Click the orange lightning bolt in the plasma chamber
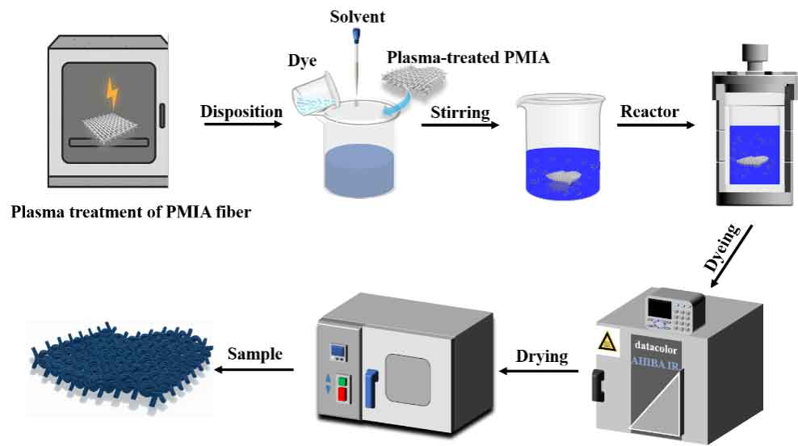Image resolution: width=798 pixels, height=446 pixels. tap(111, 95)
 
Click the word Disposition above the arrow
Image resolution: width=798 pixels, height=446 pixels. tap(241, 111)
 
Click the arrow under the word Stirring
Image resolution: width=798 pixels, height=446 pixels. tap(459, 126)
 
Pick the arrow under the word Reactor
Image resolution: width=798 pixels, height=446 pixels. tap(657, 125)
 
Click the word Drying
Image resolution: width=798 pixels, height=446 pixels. tap(543, 356)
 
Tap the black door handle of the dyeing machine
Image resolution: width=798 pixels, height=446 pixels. tap(599, 385)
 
